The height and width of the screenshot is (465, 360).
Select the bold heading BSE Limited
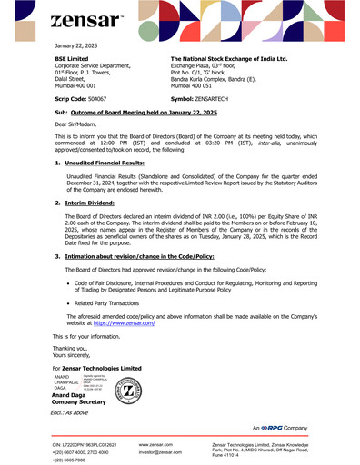coord(74,57)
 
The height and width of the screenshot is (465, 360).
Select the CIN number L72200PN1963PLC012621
coord(92,442)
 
